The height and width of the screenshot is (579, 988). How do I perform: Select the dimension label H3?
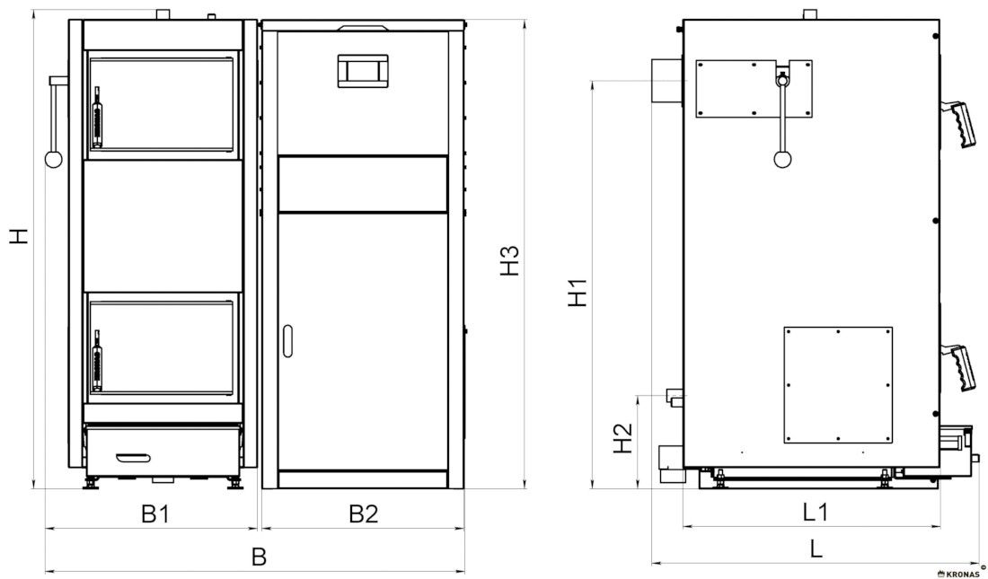pos(509,260)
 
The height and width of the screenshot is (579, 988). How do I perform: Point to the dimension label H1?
pos(578,293)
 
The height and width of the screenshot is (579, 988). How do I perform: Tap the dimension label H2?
pos(622,438)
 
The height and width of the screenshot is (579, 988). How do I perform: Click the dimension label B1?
pos(155,514)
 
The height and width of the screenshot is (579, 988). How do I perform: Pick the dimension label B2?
pos(364,514)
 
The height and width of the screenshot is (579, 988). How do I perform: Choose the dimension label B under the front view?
pos(259,557)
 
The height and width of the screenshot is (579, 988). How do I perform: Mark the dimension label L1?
pos(815,512)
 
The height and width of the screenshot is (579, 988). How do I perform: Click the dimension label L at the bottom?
pos(816,548)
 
